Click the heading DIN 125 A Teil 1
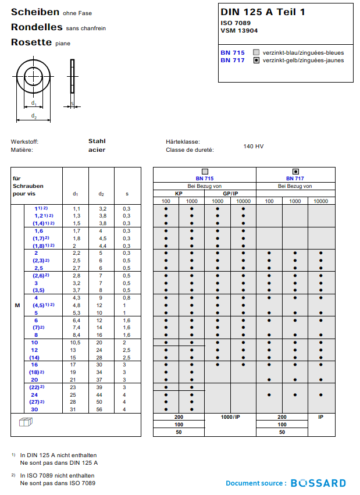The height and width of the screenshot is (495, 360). tap(262, 12)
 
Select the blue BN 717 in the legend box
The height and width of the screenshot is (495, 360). tap(232, 60)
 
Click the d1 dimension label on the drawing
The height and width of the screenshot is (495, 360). tap(34, 104)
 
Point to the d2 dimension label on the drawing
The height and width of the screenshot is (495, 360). tap(34, 117)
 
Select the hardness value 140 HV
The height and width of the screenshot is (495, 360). tap(254, 147)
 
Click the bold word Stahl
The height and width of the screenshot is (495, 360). tap(97, 141)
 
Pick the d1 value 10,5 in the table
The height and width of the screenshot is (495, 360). tap(76, 343)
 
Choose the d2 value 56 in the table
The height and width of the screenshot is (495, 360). tap(100, 410)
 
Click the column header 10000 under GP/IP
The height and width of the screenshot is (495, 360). tap(243, 201)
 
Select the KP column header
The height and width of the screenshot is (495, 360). tap(179, 194)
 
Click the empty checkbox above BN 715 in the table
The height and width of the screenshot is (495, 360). tap(204, 172)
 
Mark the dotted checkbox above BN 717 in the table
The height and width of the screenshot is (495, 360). tap(295, 172)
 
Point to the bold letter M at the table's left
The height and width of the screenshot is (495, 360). tap(17, 305)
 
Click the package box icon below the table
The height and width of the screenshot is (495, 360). tap(24, 423)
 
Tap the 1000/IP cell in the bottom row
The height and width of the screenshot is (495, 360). tap(230, 418)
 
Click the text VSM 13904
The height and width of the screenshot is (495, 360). tap(239, 31)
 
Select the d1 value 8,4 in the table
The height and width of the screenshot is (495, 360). tap(76, 335)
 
